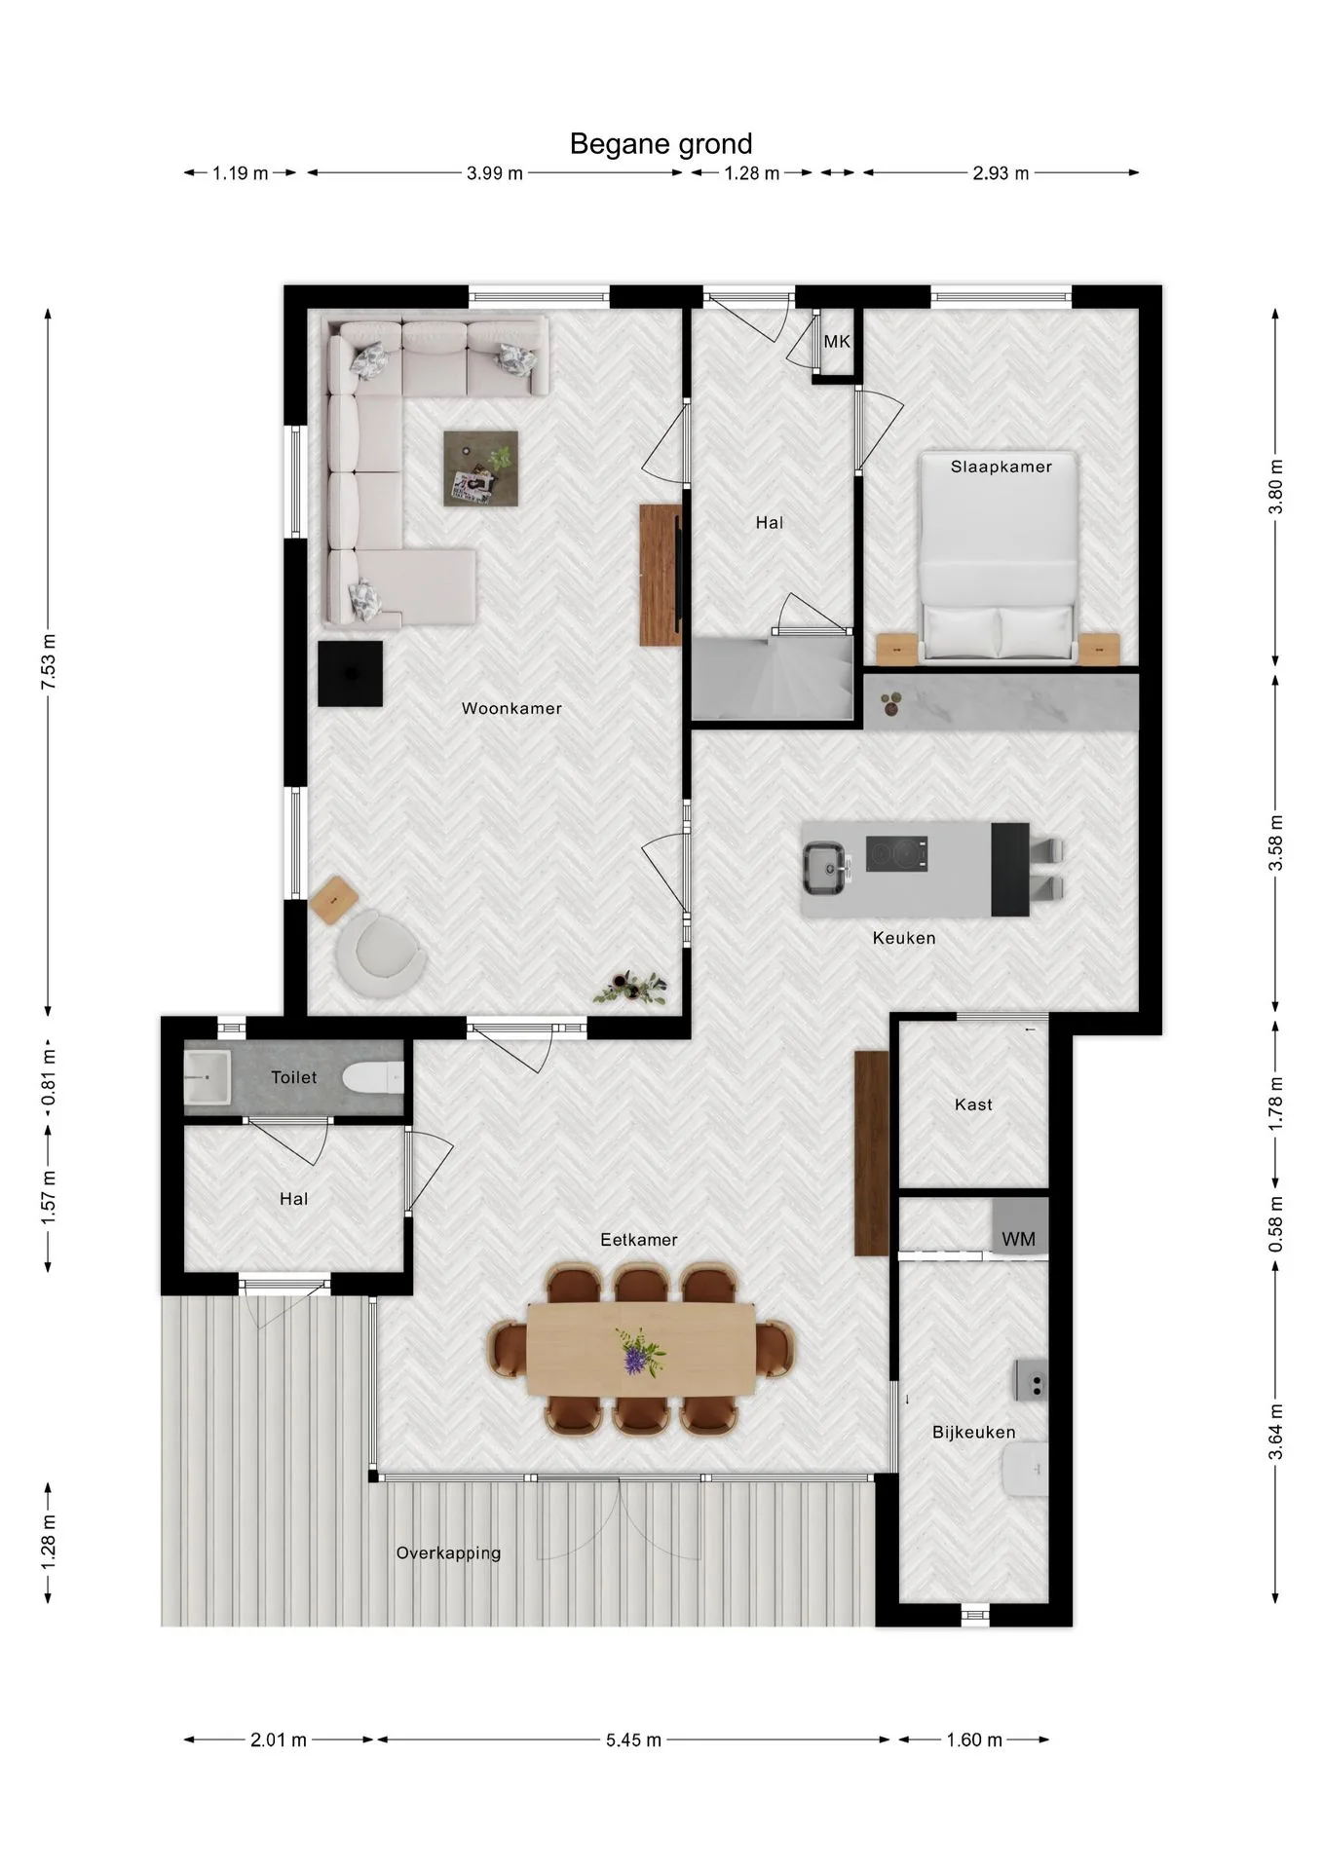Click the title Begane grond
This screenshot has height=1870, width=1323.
pos(661,144)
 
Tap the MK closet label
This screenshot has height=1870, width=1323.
pos(837,342)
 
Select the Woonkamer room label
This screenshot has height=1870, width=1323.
pos(511,708)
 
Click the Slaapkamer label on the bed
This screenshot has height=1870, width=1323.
pos(1001,467)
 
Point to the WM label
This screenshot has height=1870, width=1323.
pos(1018,1239)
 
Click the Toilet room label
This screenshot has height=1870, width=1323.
pos(293,1077)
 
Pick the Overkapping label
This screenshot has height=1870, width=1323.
pos(448,1553)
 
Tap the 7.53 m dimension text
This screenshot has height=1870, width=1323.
pos(49,661)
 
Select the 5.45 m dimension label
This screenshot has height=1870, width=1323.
pos(633,1740)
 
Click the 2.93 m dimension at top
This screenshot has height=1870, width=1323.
pos(1001,173)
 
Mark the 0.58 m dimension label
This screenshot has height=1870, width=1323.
pos(1276,1224)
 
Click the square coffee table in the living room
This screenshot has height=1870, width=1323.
pos(480,468)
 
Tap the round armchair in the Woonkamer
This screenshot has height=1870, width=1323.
pos(380,954)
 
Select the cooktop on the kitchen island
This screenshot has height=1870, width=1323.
pos(896,854)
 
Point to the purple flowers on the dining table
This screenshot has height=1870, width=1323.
pos(638,1353)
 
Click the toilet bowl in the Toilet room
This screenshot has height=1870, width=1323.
pos(374,1077)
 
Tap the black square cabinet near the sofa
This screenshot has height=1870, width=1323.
pos(350,674)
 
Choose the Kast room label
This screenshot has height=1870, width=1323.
pos(973,1104)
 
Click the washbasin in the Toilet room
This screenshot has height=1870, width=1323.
pos(208,1077)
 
